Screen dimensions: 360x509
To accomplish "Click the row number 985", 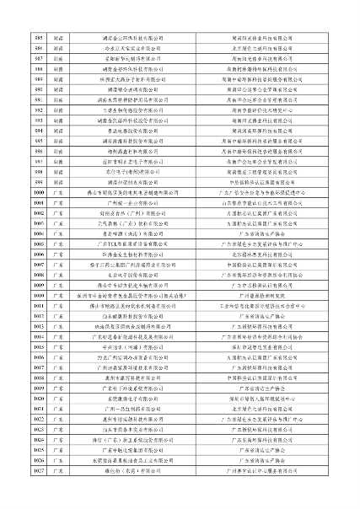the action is point(38,39).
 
